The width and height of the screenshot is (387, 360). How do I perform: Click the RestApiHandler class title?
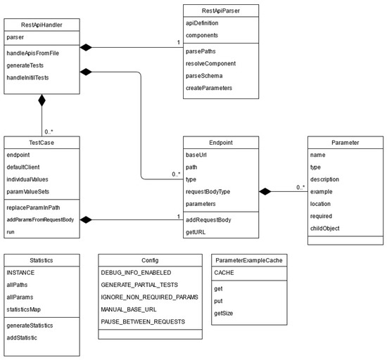[x=42, y=25]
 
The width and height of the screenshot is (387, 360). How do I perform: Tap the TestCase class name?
[x=42, y=142]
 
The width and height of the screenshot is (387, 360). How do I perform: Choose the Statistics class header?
[x=42, y=260]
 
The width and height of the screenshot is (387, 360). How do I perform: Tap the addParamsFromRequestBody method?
[x=39, y=220]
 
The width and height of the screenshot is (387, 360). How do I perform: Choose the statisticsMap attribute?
[x=27, y=309]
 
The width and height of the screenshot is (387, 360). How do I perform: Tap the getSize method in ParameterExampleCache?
[x=224, y=311]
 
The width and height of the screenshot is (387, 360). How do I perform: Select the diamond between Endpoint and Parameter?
[x=265, y=191]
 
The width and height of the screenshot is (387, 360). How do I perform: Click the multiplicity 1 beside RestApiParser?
[x=179, y=43]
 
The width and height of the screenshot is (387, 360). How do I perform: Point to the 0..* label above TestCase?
[x=49, y=130]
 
